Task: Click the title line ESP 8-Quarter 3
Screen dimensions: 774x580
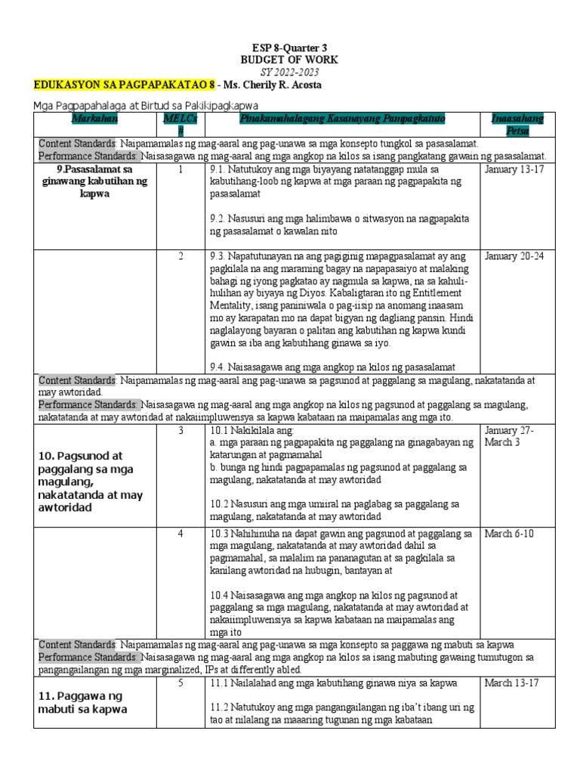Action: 289,48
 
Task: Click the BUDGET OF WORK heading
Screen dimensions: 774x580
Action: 289,60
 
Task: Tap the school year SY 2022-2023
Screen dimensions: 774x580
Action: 289,72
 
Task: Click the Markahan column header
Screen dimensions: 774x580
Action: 95,119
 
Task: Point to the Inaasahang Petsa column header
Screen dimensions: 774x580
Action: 517,125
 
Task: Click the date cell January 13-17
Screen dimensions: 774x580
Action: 514,169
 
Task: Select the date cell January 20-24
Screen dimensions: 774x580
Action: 514,256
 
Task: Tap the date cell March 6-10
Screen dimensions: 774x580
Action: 508,534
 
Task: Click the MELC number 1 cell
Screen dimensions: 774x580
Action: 180,169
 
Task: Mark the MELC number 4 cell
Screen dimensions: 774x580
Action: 180,534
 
